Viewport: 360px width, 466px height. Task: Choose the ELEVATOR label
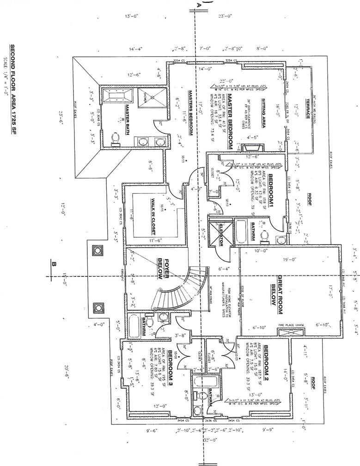[221, 234]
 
